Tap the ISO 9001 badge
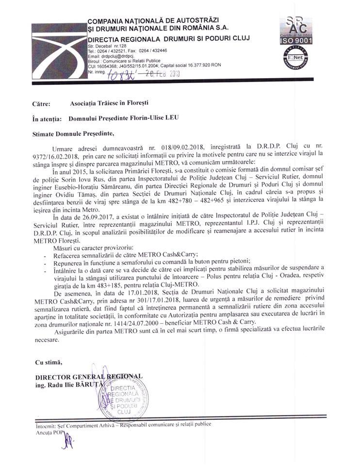(x=295, y=41)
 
